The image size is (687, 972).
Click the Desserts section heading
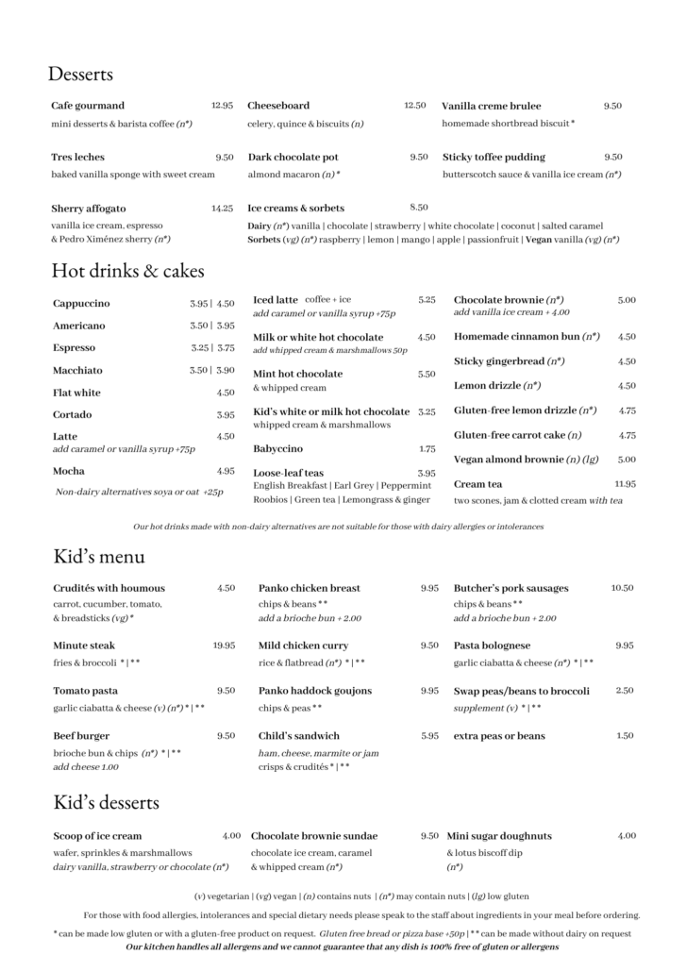80,74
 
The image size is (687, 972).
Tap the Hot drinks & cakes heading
127,272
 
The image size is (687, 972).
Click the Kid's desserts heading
106,803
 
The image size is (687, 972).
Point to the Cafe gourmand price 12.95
222,106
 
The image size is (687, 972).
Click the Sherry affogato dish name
89,208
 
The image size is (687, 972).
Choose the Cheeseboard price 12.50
415,106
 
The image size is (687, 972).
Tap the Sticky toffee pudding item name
494,157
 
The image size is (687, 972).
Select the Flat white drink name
76,393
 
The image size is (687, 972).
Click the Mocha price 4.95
226,471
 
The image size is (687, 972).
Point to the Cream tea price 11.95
625,483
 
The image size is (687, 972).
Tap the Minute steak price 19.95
224,645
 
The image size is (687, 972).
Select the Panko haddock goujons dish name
315,691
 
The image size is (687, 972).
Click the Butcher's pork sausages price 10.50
622,588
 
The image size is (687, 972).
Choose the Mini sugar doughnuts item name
499,836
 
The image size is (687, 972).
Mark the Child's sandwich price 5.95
429,736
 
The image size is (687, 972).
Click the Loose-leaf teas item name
288,473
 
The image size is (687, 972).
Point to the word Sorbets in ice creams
264,240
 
